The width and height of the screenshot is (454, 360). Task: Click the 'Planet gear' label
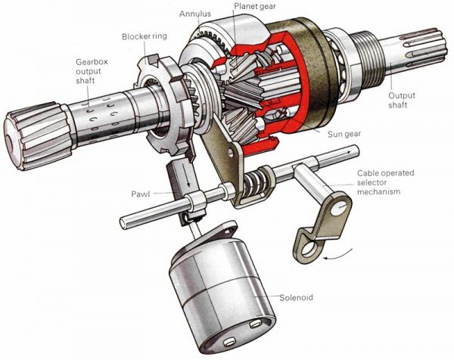tap(255, 6)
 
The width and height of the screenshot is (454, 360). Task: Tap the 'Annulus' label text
tap(195, 14)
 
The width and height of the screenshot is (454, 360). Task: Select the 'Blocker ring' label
tap(145, 36)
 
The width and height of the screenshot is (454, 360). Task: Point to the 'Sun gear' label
tap(344, 134)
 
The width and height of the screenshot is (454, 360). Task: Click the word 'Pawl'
tap(141, 194)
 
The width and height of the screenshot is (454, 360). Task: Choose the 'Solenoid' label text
tap(296, 297)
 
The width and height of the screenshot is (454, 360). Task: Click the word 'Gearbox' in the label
tap(92, 62)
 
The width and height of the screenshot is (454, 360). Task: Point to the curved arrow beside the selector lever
tap(339, 254)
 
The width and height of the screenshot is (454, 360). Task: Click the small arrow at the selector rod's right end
tap(348, 151)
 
